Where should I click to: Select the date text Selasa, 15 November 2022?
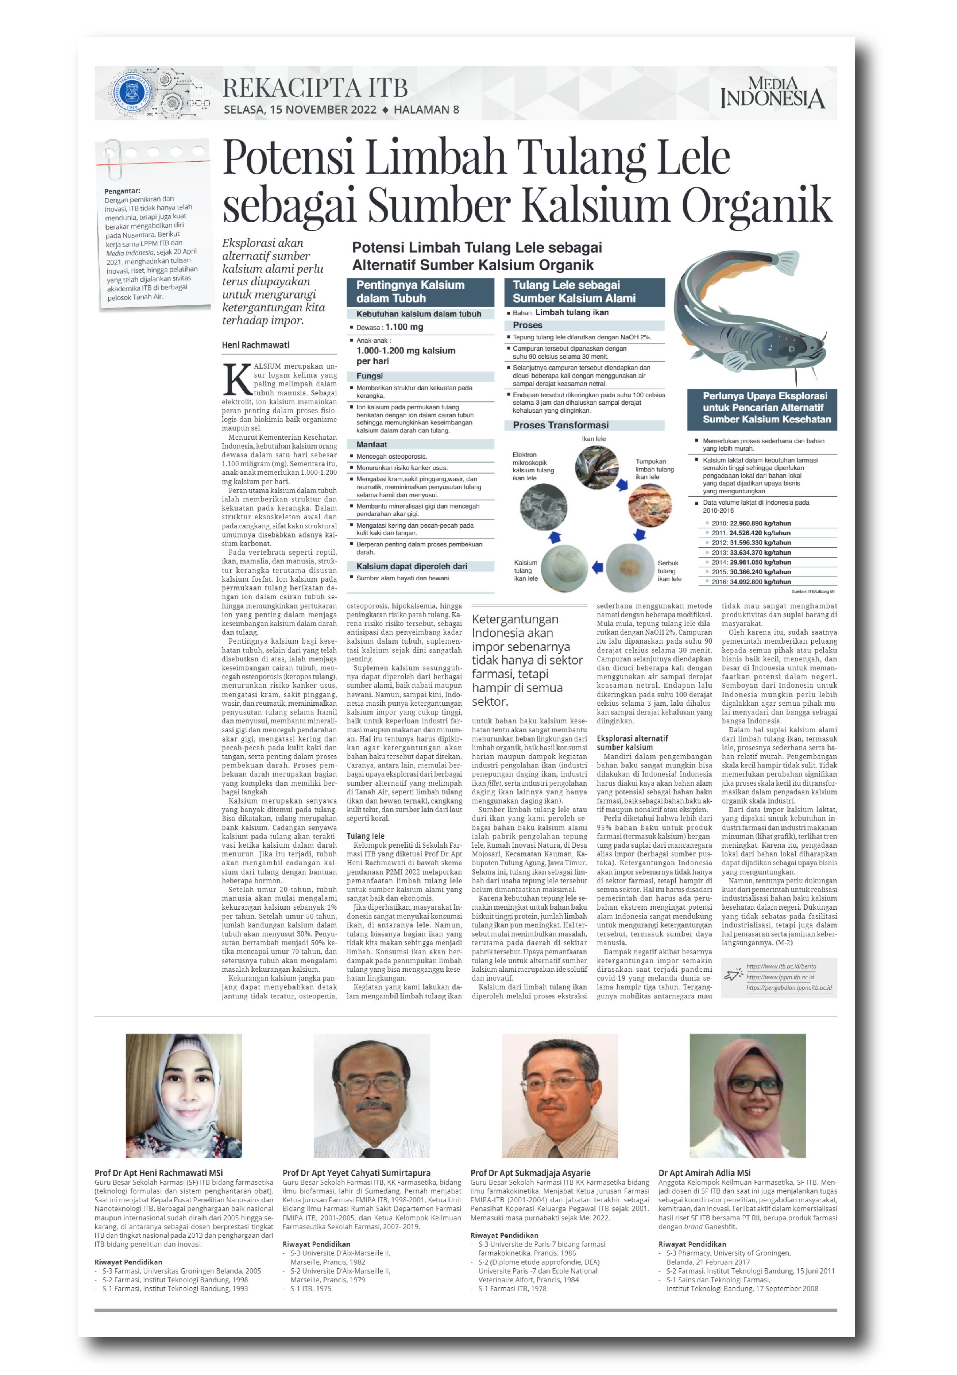tap(299, 110)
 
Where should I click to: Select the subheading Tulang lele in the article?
tap(365, 836)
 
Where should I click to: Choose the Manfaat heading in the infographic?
tap(372, 444)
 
